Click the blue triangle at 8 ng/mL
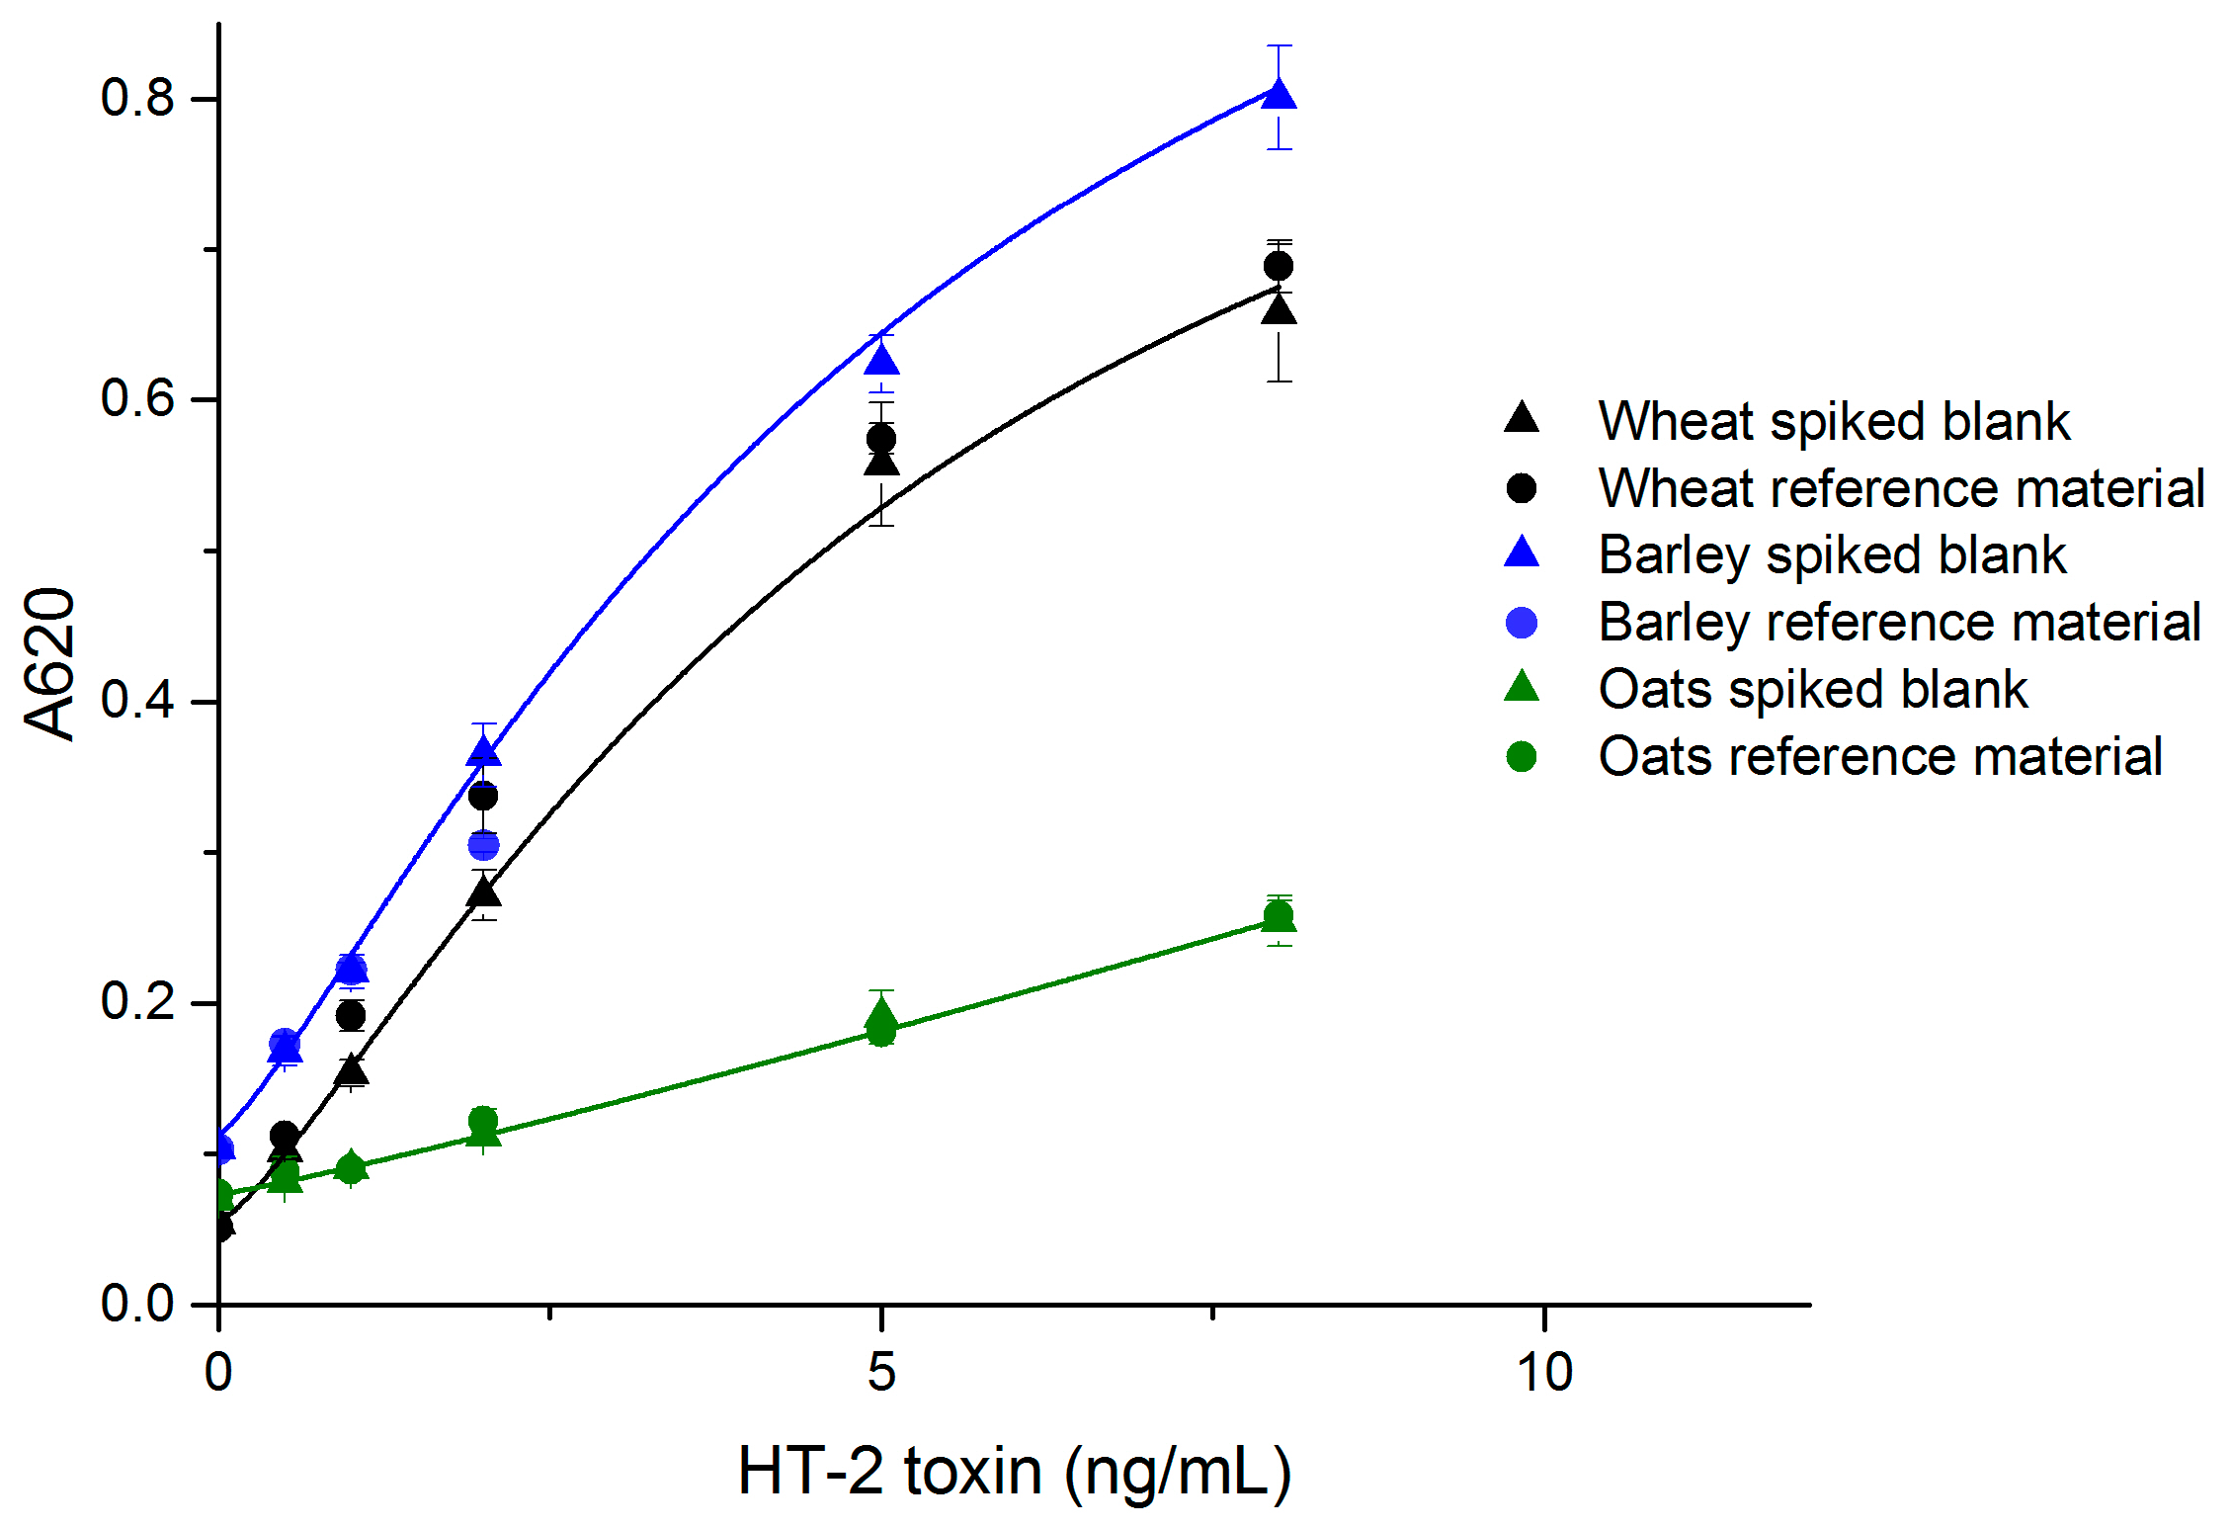1280,95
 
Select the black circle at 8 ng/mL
1279,266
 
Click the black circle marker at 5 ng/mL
881,438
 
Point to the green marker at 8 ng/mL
1279,917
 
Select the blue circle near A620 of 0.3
483,845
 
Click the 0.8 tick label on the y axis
137,98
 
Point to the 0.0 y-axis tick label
137,1304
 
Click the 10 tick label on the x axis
1544,1373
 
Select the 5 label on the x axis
881,1373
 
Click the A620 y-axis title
49,663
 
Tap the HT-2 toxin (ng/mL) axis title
1014,1473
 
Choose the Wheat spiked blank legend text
1834,421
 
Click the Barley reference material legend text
1899,622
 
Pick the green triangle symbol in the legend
1522,687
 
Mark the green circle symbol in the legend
1522,757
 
